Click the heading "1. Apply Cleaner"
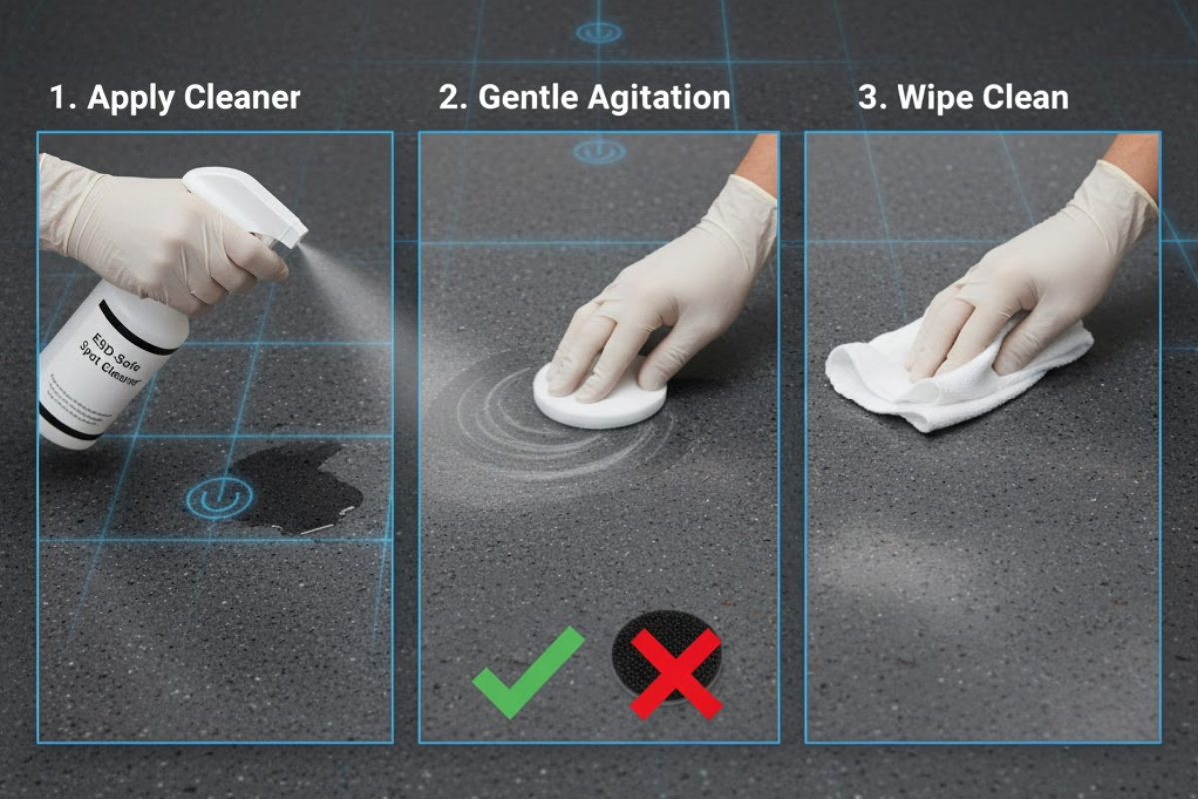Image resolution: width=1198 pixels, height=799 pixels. pos(175,98)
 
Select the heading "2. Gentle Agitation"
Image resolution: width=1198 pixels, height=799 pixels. pos(584,98)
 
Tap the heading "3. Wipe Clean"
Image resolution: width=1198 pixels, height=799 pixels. pos(962,98)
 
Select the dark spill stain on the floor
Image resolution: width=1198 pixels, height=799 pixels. pos(299,489)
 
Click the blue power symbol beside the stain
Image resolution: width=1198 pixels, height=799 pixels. pos(217,497)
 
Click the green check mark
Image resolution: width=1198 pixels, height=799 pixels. pos(527,671)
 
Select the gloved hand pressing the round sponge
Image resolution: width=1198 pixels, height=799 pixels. pos(679,290)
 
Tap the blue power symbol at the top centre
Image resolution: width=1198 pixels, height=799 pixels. pos(598,32)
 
